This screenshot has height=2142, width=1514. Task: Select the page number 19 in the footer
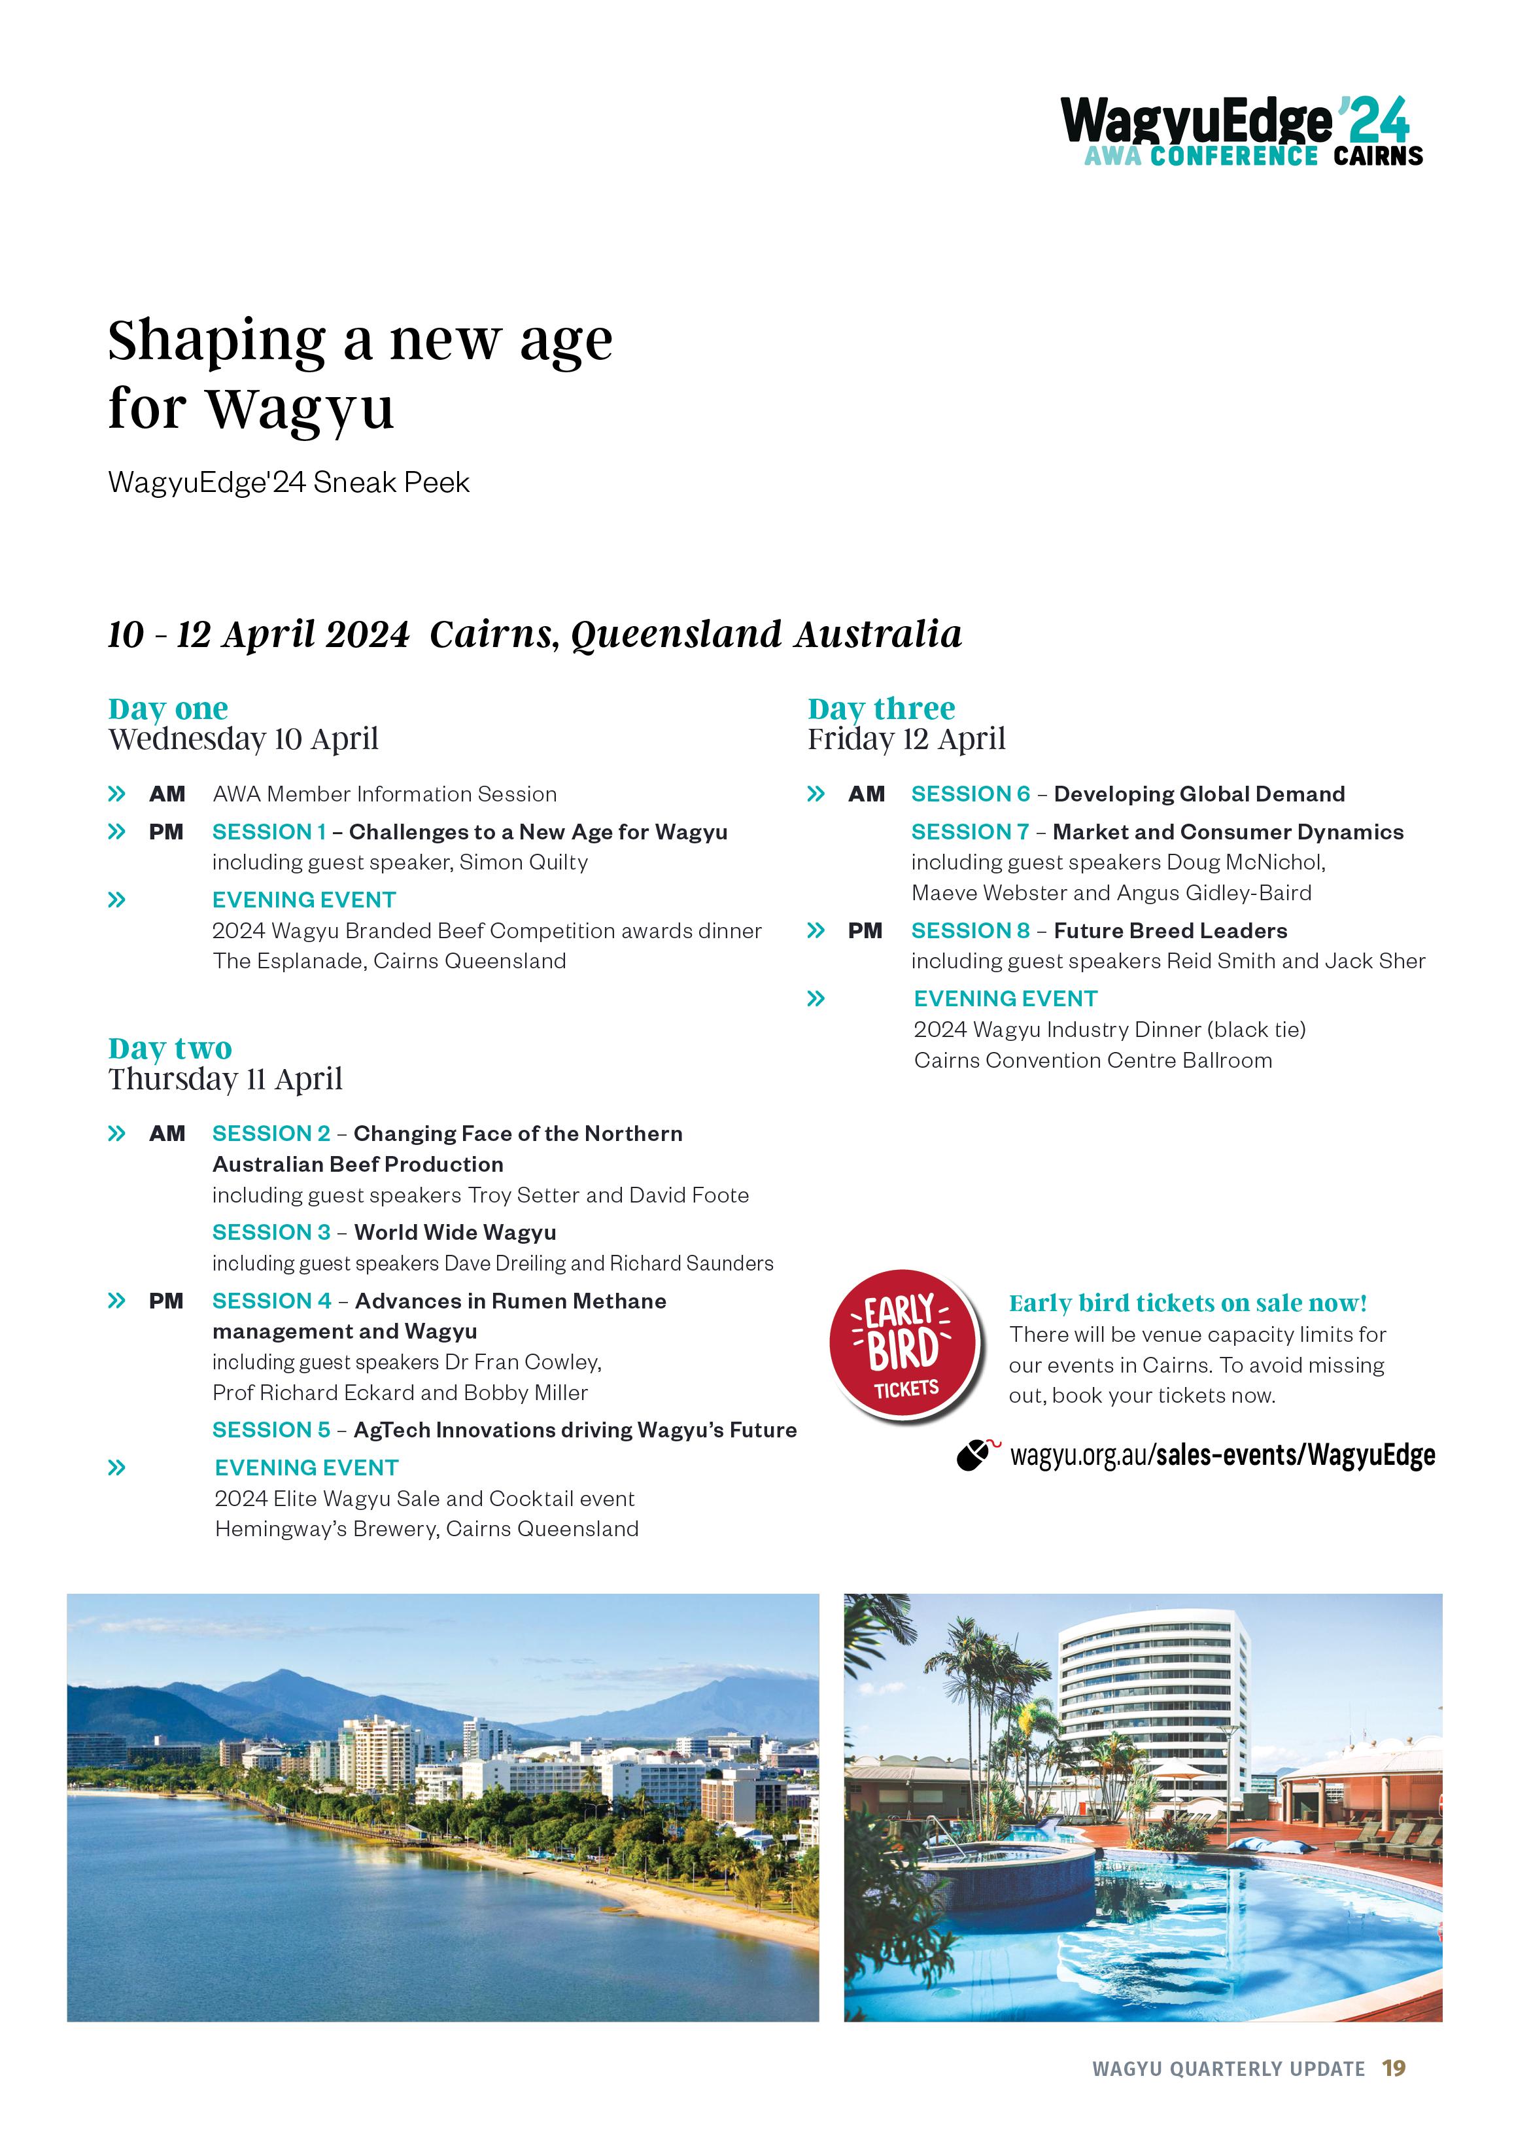1394,2068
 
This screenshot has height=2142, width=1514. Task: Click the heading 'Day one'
168,709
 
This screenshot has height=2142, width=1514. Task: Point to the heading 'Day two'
170,1049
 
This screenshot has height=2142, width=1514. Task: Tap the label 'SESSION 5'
271,1430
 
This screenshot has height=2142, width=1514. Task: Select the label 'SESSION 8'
970,931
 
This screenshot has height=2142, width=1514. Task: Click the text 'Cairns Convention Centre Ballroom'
1092,1061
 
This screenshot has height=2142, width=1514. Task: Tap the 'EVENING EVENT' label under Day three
1005,999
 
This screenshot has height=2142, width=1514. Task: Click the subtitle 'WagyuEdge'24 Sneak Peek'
288,482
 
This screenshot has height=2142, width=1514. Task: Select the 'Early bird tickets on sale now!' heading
1188,1303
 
